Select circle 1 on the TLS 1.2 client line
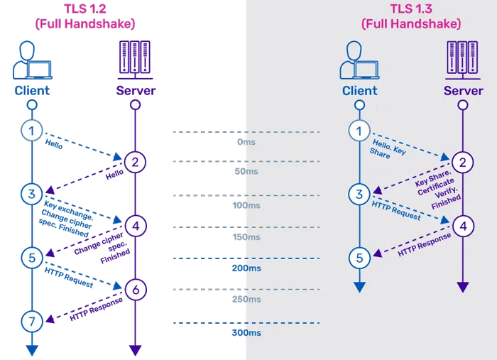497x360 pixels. pos(31,130)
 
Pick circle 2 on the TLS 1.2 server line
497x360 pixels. pos(136,162)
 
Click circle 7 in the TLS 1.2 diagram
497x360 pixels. pos(31,321)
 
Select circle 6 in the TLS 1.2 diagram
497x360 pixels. pos(136,289)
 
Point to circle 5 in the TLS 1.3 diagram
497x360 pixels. pos(360,258)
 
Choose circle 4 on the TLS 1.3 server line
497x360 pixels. pos(463,227)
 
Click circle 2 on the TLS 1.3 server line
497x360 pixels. pos(463,163)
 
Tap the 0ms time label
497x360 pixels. pos(247,142)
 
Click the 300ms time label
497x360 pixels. pos(246,332)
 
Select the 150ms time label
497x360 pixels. pos(246,237)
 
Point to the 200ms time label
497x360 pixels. pos(246,269)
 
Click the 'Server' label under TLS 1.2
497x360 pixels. pos(135,91)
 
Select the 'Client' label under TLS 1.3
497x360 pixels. pos(360,91)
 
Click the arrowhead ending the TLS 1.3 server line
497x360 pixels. pos(463,287)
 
